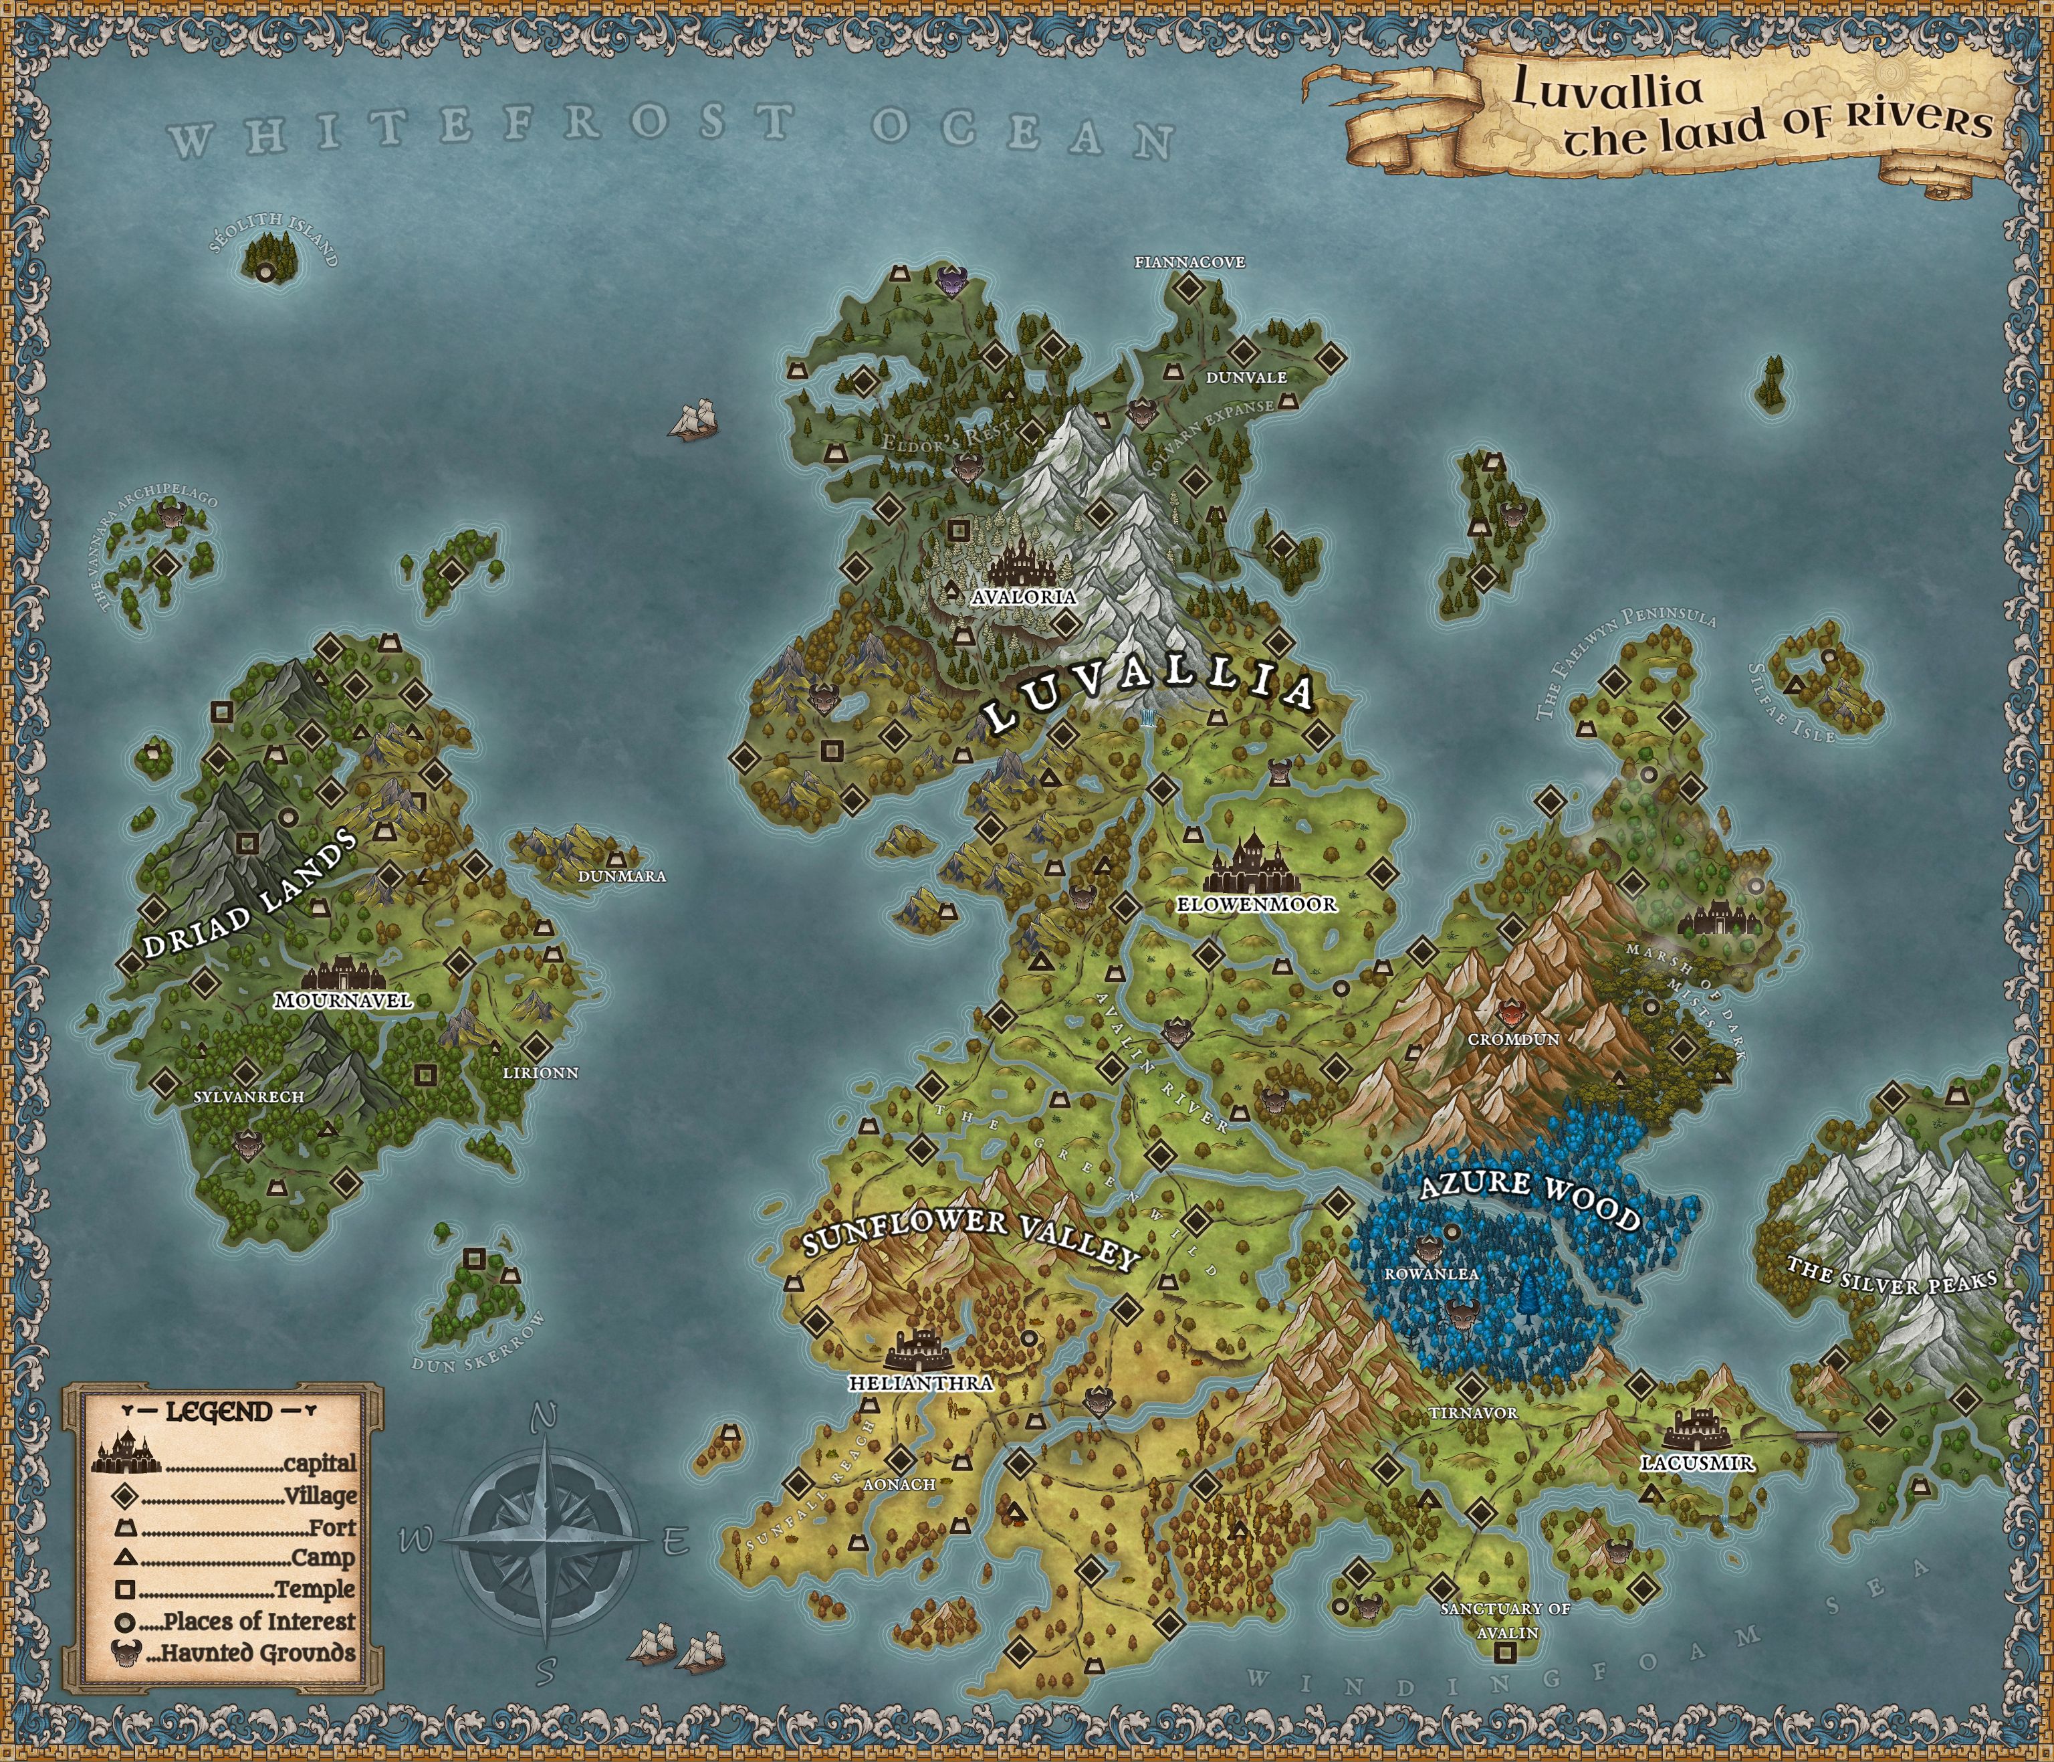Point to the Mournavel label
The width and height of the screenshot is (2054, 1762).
tap(343, 1001)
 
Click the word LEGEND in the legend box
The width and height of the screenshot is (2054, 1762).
tap(219, 1412)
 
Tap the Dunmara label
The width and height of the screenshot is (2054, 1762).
tap(622, 876)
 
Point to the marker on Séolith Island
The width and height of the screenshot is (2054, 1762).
tap(265, 272)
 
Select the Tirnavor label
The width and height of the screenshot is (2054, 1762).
tap(1473, 1412)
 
